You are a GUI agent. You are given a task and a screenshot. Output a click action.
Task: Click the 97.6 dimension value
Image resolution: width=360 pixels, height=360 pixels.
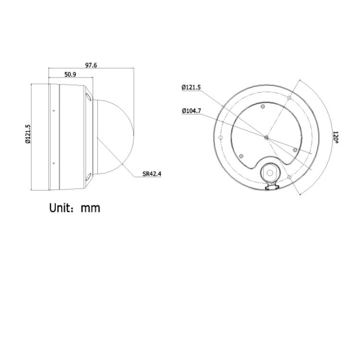pyautogui.click(x=91, y=65)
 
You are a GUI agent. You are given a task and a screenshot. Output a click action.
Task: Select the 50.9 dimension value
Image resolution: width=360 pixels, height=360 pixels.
pyautogui.click(x=70, y=74)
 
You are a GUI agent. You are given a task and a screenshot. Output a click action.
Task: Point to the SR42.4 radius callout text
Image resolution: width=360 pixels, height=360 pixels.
pyautogui.click(x=152, y=174)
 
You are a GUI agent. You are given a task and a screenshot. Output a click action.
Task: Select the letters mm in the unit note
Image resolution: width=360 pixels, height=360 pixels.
pyautogui.click(x=90, y=208)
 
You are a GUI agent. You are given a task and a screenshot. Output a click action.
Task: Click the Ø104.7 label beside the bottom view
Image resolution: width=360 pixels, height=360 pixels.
pyautogui.click(x=191, y=111)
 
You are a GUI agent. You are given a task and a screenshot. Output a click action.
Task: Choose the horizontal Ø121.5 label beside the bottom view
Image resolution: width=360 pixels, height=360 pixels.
pyautogui.click(x=191, y=87)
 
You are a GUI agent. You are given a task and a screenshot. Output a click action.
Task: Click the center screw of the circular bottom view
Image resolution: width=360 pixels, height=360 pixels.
pyautogui.click(x=266, y=137)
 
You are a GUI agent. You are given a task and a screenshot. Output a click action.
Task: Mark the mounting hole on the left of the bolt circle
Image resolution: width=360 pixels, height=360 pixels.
pyautogui.click(x=220, y=138)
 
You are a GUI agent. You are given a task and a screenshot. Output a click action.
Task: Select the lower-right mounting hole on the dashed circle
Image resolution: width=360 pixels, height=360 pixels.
pyautogui.click(x=289, y=178)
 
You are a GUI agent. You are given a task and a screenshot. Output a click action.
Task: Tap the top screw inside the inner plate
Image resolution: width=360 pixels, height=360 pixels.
pyautogui.click(x=263, y=106)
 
